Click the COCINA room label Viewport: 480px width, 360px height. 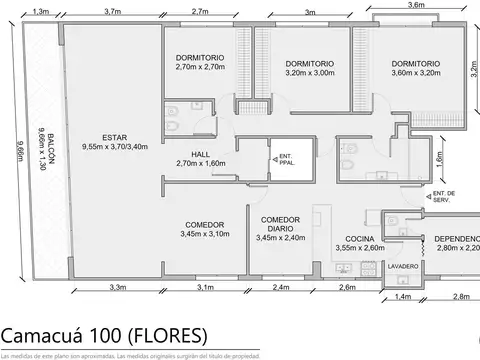tap(358, 226)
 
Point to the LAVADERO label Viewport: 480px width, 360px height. tap(400, 267)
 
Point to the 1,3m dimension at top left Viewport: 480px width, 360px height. tap(41, 11)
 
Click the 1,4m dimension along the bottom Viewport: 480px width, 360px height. tap(403, 297)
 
